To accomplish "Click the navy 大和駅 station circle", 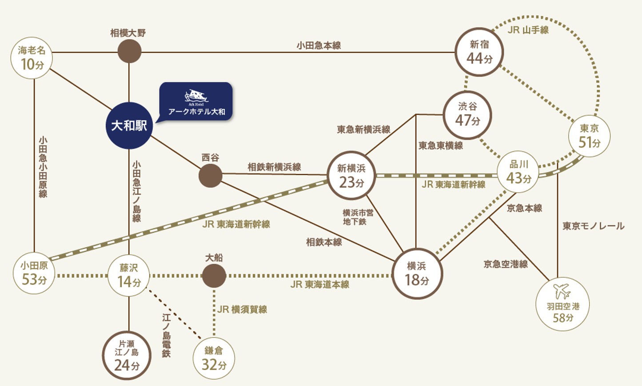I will coord(129,126).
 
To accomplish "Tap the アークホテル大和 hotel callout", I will coord(196,101).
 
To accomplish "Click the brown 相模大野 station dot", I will coord(129,52).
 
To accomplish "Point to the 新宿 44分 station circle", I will coord(479,52).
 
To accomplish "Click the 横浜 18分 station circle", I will coord(416,273).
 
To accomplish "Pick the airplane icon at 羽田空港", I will coord(562,292).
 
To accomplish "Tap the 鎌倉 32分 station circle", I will coord(214,358).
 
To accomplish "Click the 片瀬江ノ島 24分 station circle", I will coord(127,355).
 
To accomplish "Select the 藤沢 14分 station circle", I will coord(129,276).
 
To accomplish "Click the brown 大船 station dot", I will coord(214,276).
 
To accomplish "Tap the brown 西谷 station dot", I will coord(210,175).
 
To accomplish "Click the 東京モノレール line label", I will coord(593,226).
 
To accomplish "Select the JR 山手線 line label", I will coord(528,30).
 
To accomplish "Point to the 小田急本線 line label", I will coord(319,45).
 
